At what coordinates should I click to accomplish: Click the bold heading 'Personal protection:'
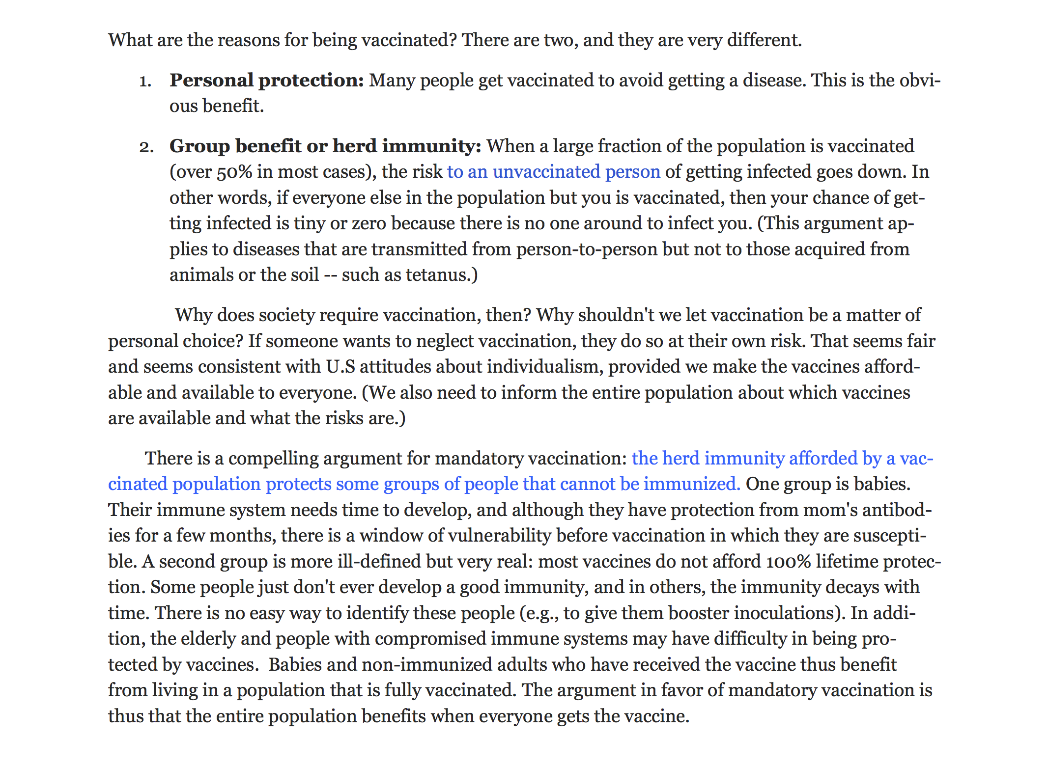pos(266,81)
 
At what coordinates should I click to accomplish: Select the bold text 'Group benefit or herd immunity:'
pos(325,146)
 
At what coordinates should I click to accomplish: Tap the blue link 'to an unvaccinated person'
pos(553,172)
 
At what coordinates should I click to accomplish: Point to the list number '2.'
pos(146,147)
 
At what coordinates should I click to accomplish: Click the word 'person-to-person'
pos(587,249)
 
